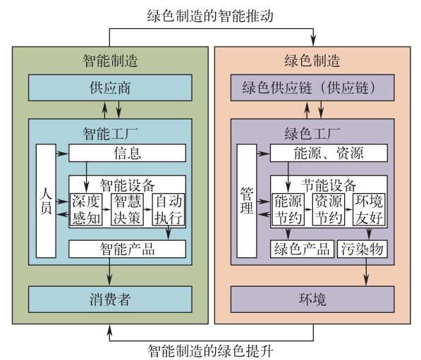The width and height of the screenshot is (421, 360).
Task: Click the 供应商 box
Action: click(110, 88)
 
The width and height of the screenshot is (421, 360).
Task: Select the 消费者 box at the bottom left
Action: click(110, 299)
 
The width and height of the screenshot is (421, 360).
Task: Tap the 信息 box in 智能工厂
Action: click(127, 153)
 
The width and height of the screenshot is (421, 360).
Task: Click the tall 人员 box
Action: click(46, 201)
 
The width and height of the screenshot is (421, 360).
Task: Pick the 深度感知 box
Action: click(86, 209)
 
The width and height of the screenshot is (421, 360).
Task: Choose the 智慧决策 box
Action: click(127, 209)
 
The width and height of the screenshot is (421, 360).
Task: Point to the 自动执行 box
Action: click(169, 209)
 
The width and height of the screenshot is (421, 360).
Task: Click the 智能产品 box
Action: click(127, 249)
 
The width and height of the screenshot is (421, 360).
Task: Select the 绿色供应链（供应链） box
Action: click(312, 88)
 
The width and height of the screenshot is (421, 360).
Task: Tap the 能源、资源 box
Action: click(329, 153)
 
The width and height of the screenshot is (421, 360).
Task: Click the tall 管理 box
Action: click(247, 201)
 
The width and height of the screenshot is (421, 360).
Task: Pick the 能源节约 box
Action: click(288, 209)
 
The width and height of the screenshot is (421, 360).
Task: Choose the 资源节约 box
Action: click(329, 209)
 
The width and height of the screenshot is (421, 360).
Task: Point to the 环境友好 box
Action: click(369, 209)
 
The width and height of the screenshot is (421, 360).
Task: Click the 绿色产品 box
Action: click(302, 249)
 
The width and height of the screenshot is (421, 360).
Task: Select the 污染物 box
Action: click(362, 249)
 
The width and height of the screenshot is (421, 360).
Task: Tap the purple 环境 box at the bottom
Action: click(312, 299)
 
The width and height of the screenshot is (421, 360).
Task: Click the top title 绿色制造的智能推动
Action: click(210, 15)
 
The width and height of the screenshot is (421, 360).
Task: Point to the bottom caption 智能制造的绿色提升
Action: click(210, 351)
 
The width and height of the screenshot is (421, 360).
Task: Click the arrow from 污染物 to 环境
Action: click(367, 272)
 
